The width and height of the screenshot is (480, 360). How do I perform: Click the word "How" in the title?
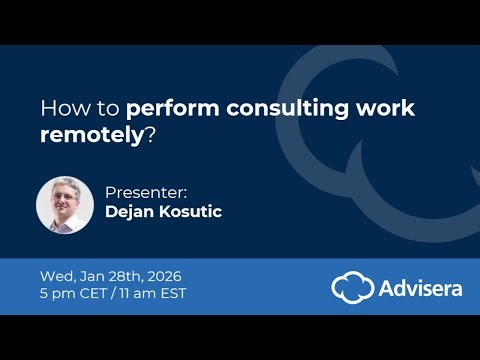(58, 107)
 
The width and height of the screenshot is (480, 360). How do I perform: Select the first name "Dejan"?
(130, 211)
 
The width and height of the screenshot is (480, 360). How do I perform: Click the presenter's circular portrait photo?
(65, 205)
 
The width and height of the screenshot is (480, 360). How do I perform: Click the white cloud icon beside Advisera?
(353, 288)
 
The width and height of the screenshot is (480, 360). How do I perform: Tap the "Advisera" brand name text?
(420, 288)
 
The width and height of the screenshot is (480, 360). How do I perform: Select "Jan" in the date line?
(90, 275)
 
